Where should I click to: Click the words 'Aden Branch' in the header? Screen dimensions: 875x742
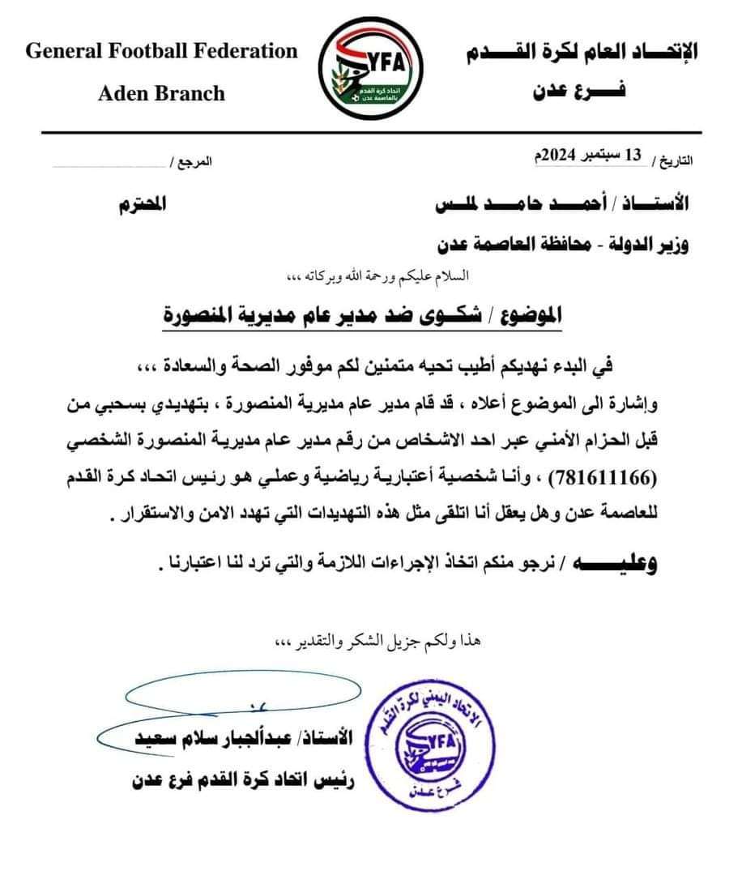[161, 93]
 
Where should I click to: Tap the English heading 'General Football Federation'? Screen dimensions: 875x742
[162, 52]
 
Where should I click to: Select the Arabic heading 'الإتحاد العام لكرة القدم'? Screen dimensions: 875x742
[582, 53]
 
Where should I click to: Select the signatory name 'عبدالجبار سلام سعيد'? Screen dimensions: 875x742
[236, 737]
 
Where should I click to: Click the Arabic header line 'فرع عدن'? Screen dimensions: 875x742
[578, 92]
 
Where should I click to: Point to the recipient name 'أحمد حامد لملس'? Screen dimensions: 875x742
[527, 203]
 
